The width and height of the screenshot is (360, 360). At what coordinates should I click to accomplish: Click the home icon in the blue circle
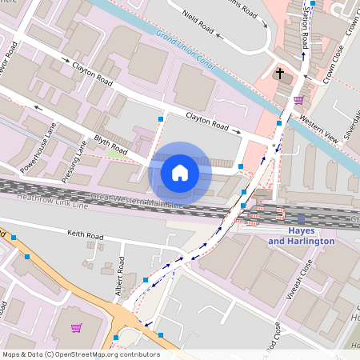click(x=180, y=172)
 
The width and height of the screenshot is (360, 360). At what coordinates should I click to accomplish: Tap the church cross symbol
click(x=280, y=74)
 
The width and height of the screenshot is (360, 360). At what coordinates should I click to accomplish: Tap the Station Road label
click(x=305, y=24)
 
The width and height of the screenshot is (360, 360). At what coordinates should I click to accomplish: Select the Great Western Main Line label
click(x=136, y=202)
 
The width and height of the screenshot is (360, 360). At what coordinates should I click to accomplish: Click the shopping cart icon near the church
click(x=298, y=100)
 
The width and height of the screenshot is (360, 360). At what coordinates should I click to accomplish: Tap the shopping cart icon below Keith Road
click(x=77, y=327)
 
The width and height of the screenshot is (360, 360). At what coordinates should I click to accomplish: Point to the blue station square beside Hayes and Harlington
click(x=301, y=218)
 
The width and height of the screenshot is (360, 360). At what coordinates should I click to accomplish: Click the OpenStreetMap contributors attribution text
click(x=80, y=354)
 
